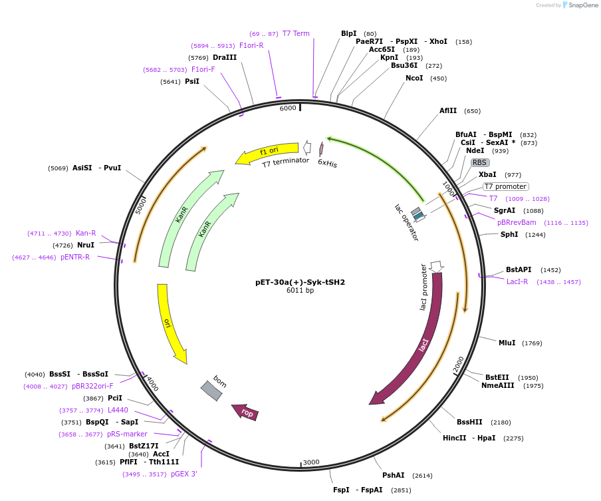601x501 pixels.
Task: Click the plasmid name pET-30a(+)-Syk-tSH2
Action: click(x=300, y=282)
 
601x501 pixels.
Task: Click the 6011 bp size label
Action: click(x=300, y=291)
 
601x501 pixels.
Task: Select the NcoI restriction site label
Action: click(x=414, y=79)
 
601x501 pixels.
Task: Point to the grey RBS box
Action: click(x=480, y=162)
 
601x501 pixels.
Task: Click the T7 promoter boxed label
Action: click(x=505, y=187)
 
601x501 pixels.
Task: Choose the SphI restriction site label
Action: click(x=509, y=234)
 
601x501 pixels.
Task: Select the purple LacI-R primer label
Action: click(x=517, y=281)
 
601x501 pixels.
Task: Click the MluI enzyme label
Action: click(x=507, y=343)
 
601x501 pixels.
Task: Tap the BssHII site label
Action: click(x=469, y=422)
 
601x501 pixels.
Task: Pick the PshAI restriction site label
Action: click(x=393, y=475)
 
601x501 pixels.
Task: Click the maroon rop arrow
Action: click(x=245, y=413)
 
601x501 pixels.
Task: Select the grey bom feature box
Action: click(x=212, y=390)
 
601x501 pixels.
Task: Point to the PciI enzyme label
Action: click(x=114, y=398)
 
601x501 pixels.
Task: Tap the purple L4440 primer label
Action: click(x=118, y=410)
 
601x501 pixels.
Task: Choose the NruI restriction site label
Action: click(x=85, y=245)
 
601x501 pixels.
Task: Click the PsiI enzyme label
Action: click(x=191, y=81)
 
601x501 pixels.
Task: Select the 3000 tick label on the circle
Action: click(x=311, y=462)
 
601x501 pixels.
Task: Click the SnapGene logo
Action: click(x=580, y=5)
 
